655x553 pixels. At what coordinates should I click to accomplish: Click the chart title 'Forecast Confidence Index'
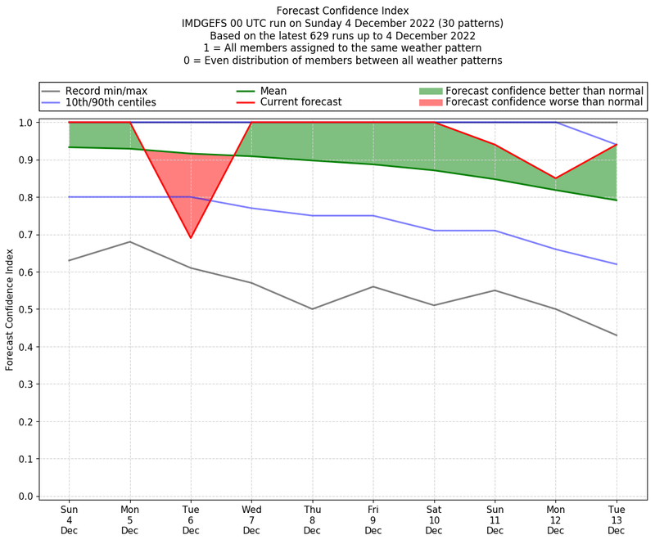[x=342, y=11]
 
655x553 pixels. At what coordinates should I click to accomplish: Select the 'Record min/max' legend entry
[x=106, y=91]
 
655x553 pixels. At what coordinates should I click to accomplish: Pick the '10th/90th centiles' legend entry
[x=111, y=102]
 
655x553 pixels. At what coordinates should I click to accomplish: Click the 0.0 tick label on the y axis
[x=26, y=497]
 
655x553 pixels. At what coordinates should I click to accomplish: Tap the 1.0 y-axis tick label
[x=26, y=123]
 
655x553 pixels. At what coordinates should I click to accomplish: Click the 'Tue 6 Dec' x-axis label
[x=191, y=519]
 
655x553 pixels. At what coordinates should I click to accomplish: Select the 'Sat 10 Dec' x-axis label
[x=434, y=519]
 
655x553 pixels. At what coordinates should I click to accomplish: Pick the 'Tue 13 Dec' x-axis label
[x=617, y=519]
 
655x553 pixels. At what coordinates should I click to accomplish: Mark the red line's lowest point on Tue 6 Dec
[x=191, y=238]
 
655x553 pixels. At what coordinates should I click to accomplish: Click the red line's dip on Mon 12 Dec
[x=556, y=178]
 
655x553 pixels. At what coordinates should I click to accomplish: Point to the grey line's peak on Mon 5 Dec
[x=130, y=241]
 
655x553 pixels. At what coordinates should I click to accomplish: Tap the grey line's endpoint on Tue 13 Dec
[x=617, y=335]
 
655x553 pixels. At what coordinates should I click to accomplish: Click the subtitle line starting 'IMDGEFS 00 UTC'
[x=342, y=24]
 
